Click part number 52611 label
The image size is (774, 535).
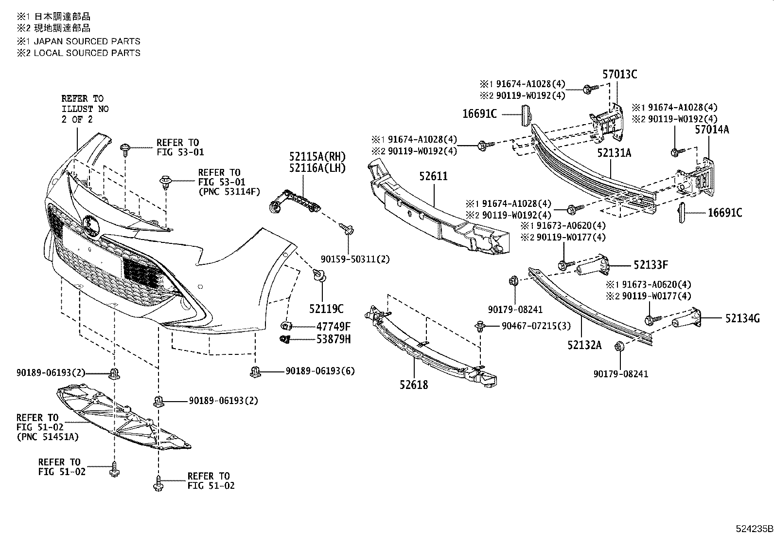click(433, 176)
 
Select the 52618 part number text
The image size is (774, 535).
click(414, 385)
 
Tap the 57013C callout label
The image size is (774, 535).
click(619, 74)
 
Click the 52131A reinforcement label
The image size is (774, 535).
click(614, 153)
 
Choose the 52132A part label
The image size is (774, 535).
click(584, 345)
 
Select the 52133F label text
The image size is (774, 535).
click(651, 265)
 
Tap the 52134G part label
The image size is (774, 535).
click(742, 318)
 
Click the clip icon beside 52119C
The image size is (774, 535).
click(320, 275)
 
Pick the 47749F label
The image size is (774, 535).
click(334, 326)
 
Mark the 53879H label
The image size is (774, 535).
click(334, 339)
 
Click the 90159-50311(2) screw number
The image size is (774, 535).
click(355, 259)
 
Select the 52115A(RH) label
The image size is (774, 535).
click(317, 156)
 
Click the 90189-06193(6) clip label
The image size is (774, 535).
click(320, 371)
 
